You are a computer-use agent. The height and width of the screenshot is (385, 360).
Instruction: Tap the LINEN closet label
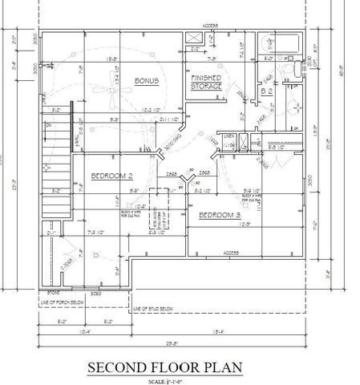[x=228, y=138]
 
